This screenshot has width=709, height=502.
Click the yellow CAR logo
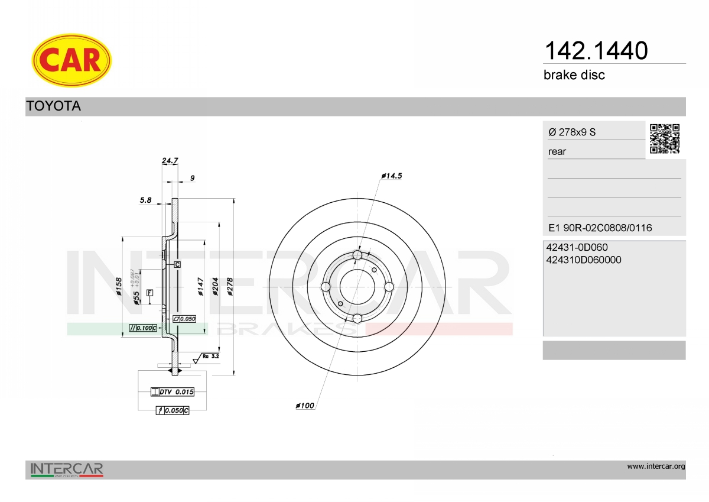tap(71, 60)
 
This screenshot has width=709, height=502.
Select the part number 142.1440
tap(596, 51)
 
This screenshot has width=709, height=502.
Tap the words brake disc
tap(574, 75)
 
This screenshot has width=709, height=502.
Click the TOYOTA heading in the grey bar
tap(54, 106)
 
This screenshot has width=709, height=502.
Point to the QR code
tap(665, 139)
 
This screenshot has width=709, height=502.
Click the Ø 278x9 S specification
tap(572, 132)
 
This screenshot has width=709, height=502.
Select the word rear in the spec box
tap(557, 152)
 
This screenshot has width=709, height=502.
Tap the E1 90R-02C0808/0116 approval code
tap(600, 228)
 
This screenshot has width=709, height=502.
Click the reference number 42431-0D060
tap(577, 247)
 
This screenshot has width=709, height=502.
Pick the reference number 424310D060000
tap(584, 260)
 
